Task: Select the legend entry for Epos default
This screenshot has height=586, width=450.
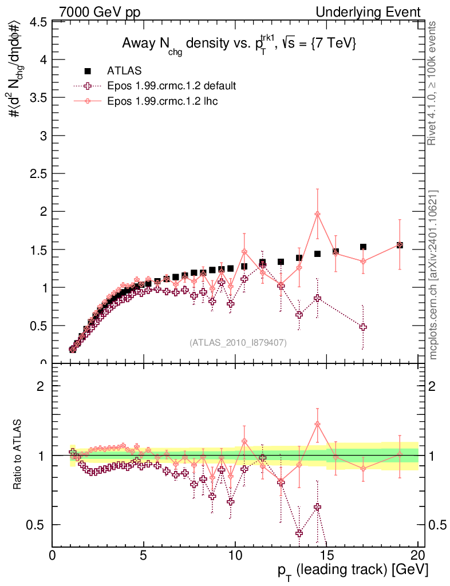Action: [x=171, y=86]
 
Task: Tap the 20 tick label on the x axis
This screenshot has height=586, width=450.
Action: [x=418, y=556]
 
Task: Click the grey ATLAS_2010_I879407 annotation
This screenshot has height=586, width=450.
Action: [x=238, y=342]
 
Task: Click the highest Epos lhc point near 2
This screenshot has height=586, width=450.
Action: [x=317, y=214]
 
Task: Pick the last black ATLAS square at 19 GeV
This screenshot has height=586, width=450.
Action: [x=400, y=245]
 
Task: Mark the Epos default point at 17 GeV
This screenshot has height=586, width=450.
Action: [x=363, y=327]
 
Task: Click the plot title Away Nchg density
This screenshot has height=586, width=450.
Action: [x=239, y=45]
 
